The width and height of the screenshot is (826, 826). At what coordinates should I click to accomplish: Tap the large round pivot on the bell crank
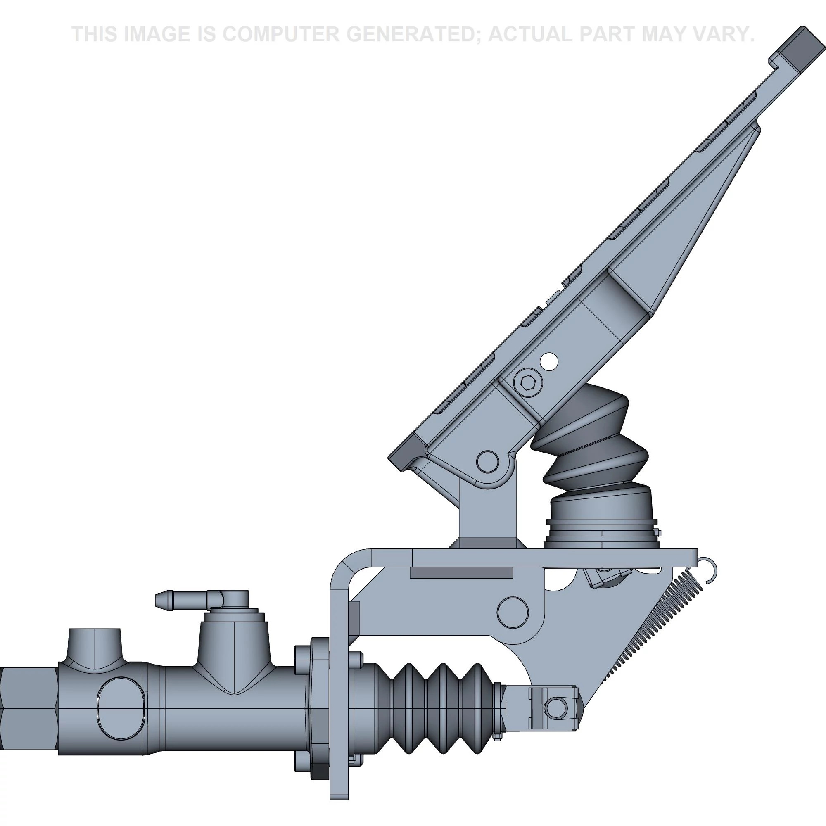513,612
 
